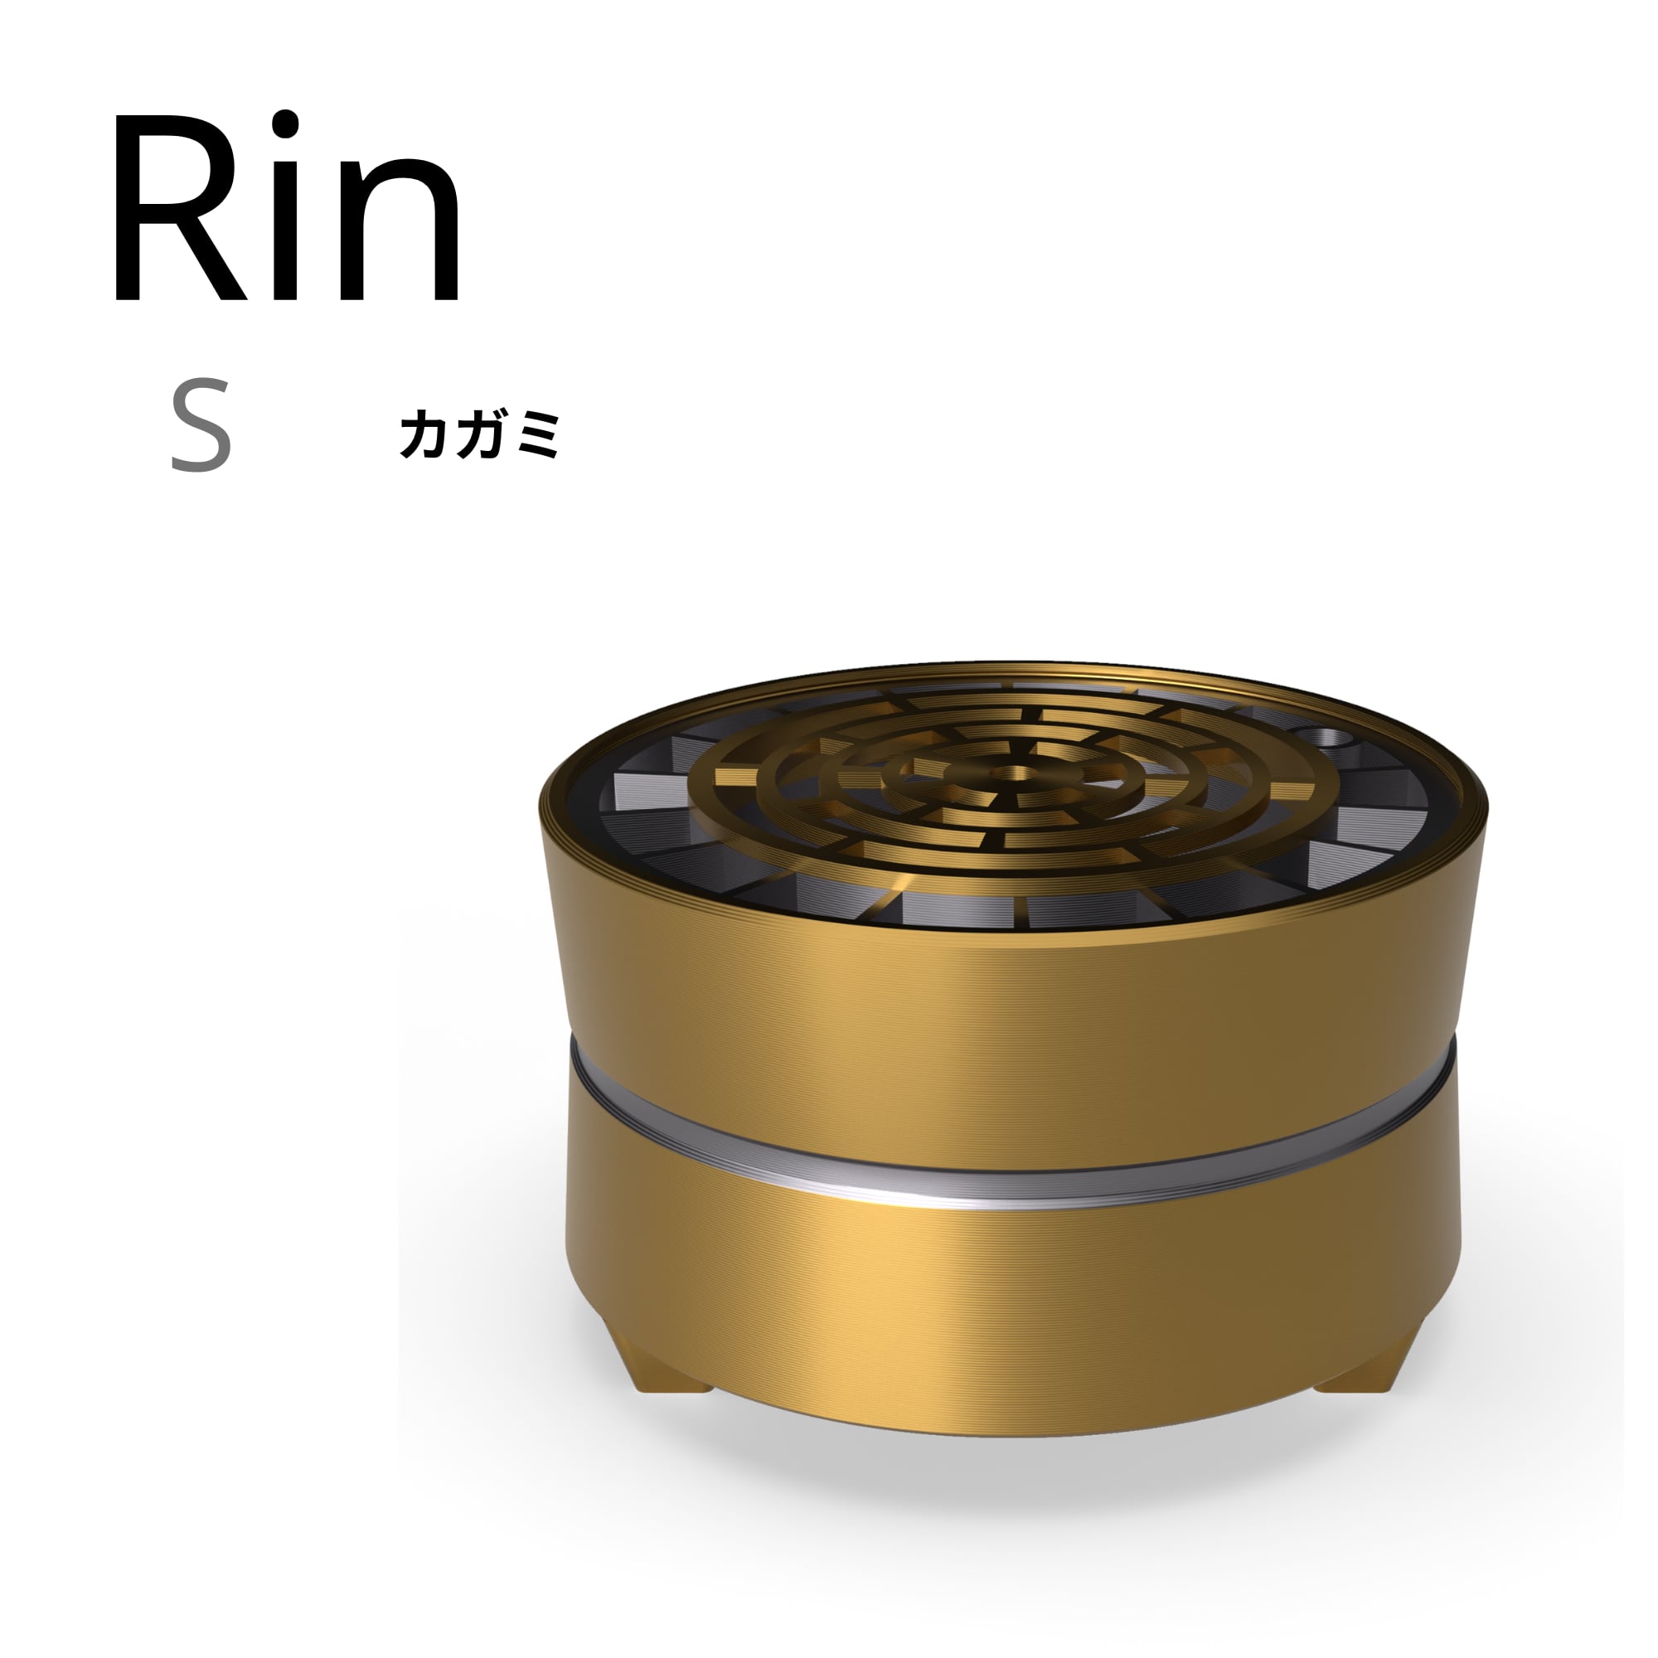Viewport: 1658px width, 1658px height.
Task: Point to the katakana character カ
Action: [424, 434]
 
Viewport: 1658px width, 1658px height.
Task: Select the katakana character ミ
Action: [537, 435]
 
